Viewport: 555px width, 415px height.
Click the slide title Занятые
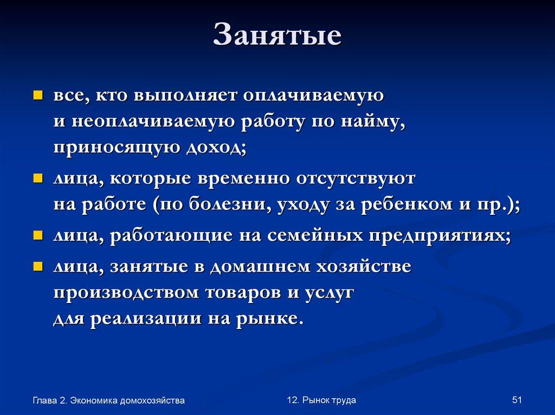[x=277, y=35]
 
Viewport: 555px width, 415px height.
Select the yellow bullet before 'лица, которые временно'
[x=38, y=178]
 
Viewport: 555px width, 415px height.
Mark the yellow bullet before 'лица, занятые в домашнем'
[x=38, y=266]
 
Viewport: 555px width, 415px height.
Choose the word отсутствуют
[x=358, y=179]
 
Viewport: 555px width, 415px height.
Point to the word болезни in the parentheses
[x=230, y=205]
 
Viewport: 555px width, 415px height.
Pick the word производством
[x=127, y=293]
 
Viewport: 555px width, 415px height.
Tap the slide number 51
[x=516, y=400]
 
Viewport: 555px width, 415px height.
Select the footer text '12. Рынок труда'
[x=321, y=400]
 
